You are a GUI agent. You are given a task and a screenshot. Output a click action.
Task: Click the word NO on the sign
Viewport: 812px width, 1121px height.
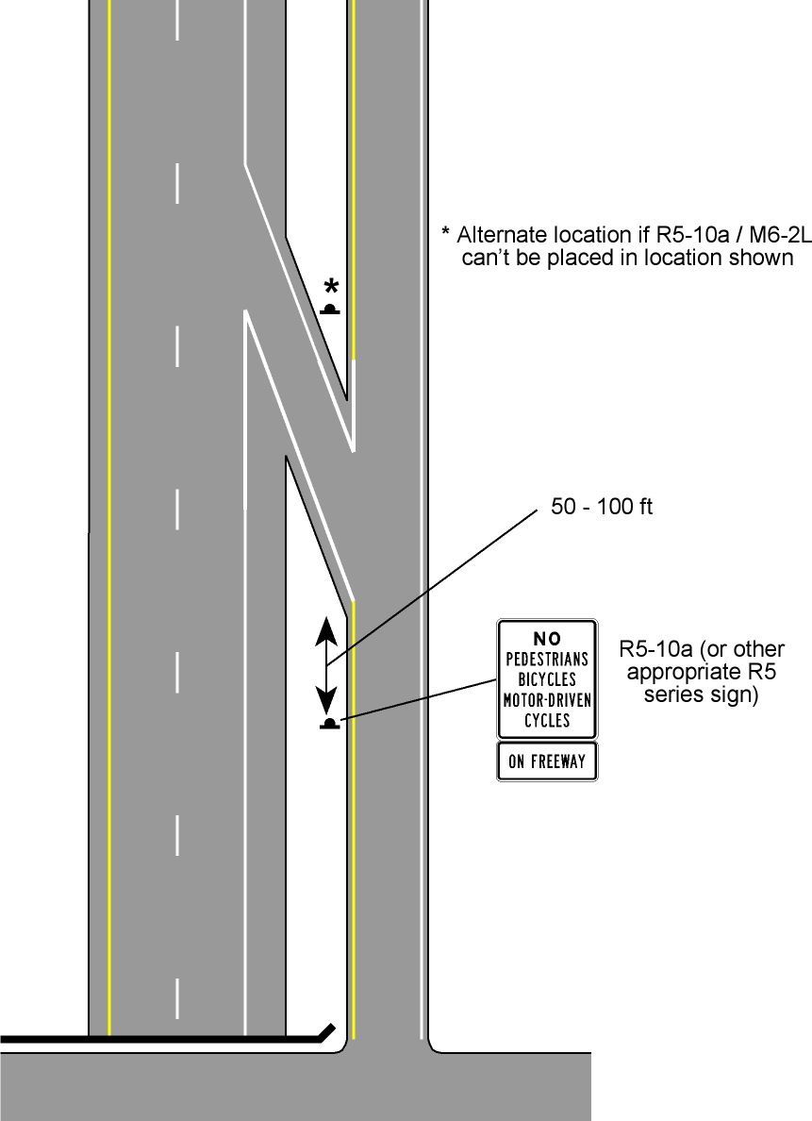point(547,639)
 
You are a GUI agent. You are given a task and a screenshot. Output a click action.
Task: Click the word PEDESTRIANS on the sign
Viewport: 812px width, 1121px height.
point(547,659)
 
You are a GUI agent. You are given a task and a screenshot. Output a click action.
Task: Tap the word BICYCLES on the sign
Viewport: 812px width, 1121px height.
point(547,678)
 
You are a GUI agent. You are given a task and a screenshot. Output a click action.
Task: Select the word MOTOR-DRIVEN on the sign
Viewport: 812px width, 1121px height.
point(547,699)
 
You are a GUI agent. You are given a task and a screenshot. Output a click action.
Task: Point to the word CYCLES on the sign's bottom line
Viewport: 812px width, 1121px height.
point(547,720)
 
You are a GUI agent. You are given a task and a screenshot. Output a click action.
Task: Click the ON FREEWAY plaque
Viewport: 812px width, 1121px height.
point(547,761)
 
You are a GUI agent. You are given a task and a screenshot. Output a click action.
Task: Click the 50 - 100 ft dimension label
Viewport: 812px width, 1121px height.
point(602,507)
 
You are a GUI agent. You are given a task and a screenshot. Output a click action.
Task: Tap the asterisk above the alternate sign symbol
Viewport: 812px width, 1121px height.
point(331,288)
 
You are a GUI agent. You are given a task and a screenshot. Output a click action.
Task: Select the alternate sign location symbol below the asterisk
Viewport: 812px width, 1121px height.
point(330,310)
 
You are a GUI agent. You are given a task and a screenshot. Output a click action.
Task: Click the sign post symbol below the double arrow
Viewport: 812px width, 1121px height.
point(329,725)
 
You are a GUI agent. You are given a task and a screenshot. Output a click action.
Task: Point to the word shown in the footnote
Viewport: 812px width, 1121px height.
point(764,258)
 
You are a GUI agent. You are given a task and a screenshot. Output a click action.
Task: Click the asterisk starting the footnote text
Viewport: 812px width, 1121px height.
point(445,232)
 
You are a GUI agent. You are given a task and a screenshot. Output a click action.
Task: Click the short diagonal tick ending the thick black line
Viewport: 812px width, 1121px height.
point(326,1030)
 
